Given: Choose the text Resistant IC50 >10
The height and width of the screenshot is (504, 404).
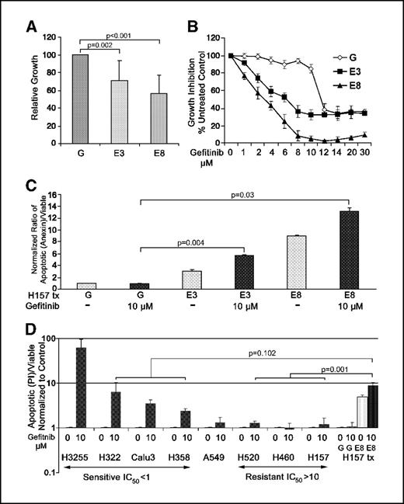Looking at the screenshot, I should coord(286,475).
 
